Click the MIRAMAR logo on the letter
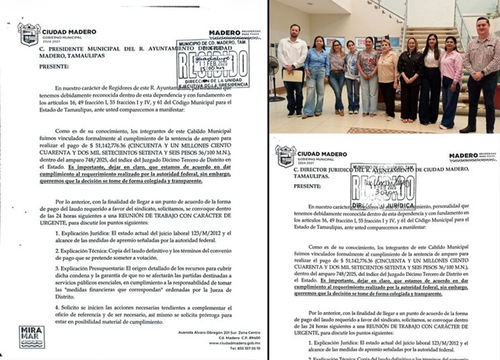coord(32,336)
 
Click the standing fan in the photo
coord(274,75)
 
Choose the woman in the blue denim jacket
coord(316,75)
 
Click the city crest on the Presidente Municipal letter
coord(29,34)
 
